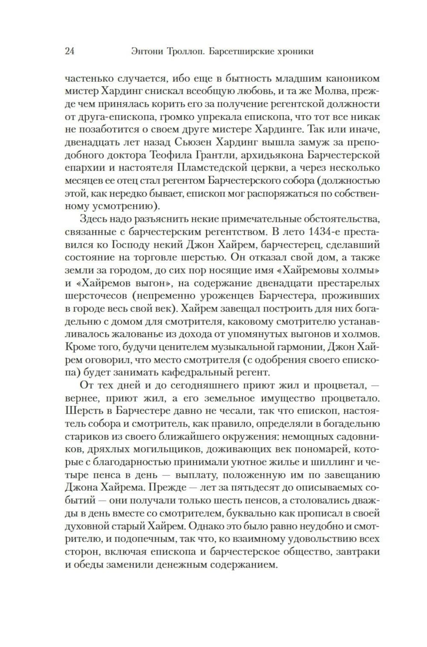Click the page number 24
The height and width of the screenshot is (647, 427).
(x=70, y=52)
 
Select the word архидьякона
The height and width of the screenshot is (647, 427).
(x=265, y=154)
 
